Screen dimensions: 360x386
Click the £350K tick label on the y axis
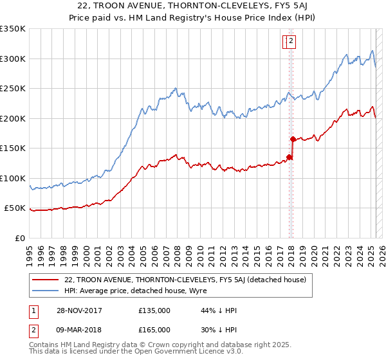tap(13, 29)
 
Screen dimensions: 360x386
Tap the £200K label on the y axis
tap(13, 118)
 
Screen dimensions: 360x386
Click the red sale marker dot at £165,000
tap(293, 139)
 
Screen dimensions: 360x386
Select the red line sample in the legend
tap(45, 280)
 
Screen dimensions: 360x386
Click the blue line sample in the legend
tap(45, 291)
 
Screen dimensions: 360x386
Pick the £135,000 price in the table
tap(154, 310)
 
